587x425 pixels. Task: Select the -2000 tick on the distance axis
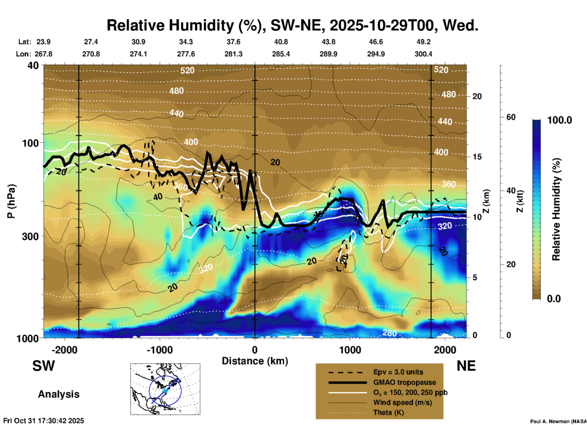click(65, 350)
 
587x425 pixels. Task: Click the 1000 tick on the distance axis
click(350, 350)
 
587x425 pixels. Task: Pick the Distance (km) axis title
click(255, 361)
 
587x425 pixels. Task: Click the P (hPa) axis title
click(11, 201)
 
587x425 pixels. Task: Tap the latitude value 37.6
click(233, 42)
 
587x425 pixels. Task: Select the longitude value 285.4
click(281, 54)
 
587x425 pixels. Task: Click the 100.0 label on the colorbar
click(560, 120)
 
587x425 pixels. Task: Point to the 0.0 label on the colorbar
click(554, 298)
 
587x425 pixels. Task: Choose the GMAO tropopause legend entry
click(404, 382)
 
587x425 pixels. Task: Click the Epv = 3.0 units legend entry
click(398, 372)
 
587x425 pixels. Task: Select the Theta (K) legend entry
click(388, 412)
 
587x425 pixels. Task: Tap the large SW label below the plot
click(44, 366)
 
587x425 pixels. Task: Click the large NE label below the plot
click(466, 366)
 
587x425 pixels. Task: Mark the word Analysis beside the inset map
click(59, 394)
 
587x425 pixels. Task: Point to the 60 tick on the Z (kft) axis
click(511, 117)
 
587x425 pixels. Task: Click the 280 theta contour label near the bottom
click(389, 333)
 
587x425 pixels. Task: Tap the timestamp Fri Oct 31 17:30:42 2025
click(44, 421)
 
